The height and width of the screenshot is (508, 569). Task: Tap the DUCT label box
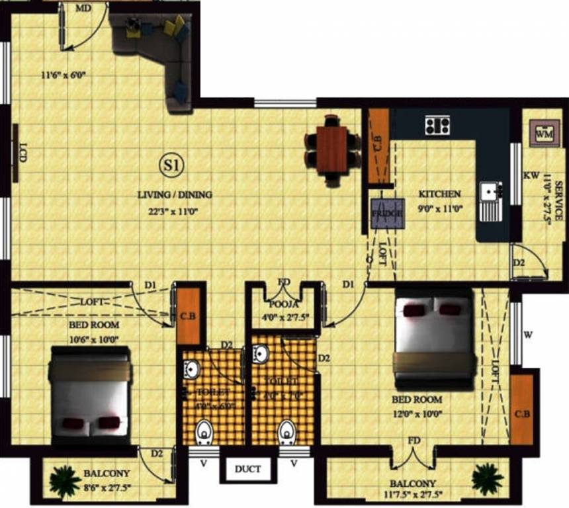point(247,470)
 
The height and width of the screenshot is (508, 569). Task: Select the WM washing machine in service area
point(544,134)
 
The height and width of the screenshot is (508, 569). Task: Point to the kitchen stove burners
point(437,124)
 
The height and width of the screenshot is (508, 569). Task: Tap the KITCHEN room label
point(439,194)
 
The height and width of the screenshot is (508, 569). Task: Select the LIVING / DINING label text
point(175,195)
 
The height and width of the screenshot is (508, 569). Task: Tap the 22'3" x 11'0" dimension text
point(175,212)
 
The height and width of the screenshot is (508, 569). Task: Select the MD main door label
point(83,8)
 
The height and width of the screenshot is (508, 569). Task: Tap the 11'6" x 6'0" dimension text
point(64,75)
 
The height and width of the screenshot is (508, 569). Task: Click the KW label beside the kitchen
point(530,176)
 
